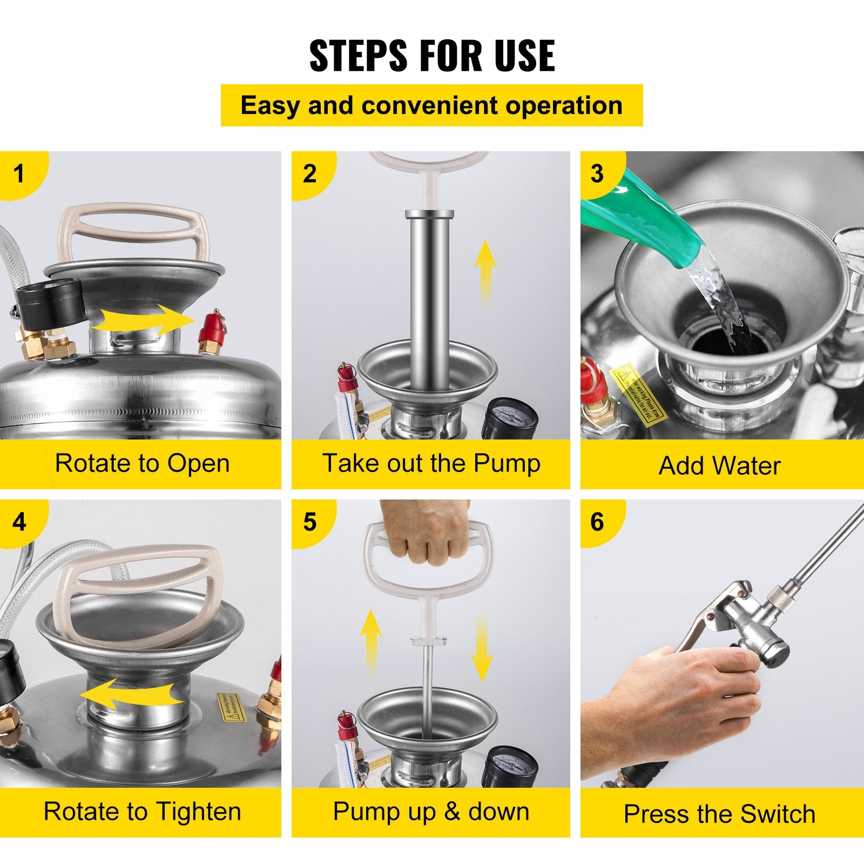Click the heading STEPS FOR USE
click(x=431, y=55)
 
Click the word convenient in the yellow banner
click(x=431, y=105)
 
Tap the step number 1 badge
click(x=19, y=173)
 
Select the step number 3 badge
click(x=597, y=173)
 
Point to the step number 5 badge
click(x=309, y=522)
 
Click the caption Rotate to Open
click(x=142, y=463)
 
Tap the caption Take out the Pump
click(x=431, y=463)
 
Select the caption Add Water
click(x=719, y=465)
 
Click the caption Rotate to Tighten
click(x=142, y=811)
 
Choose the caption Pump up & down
click(x=431, y=811)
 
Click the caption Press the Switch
click(x=719, y=814)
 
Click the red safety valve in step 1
click(x=208, y=332)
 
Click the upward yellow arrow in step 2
click(x=485, y=270)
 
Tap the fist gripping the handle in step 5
click(x=424, y=535)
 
